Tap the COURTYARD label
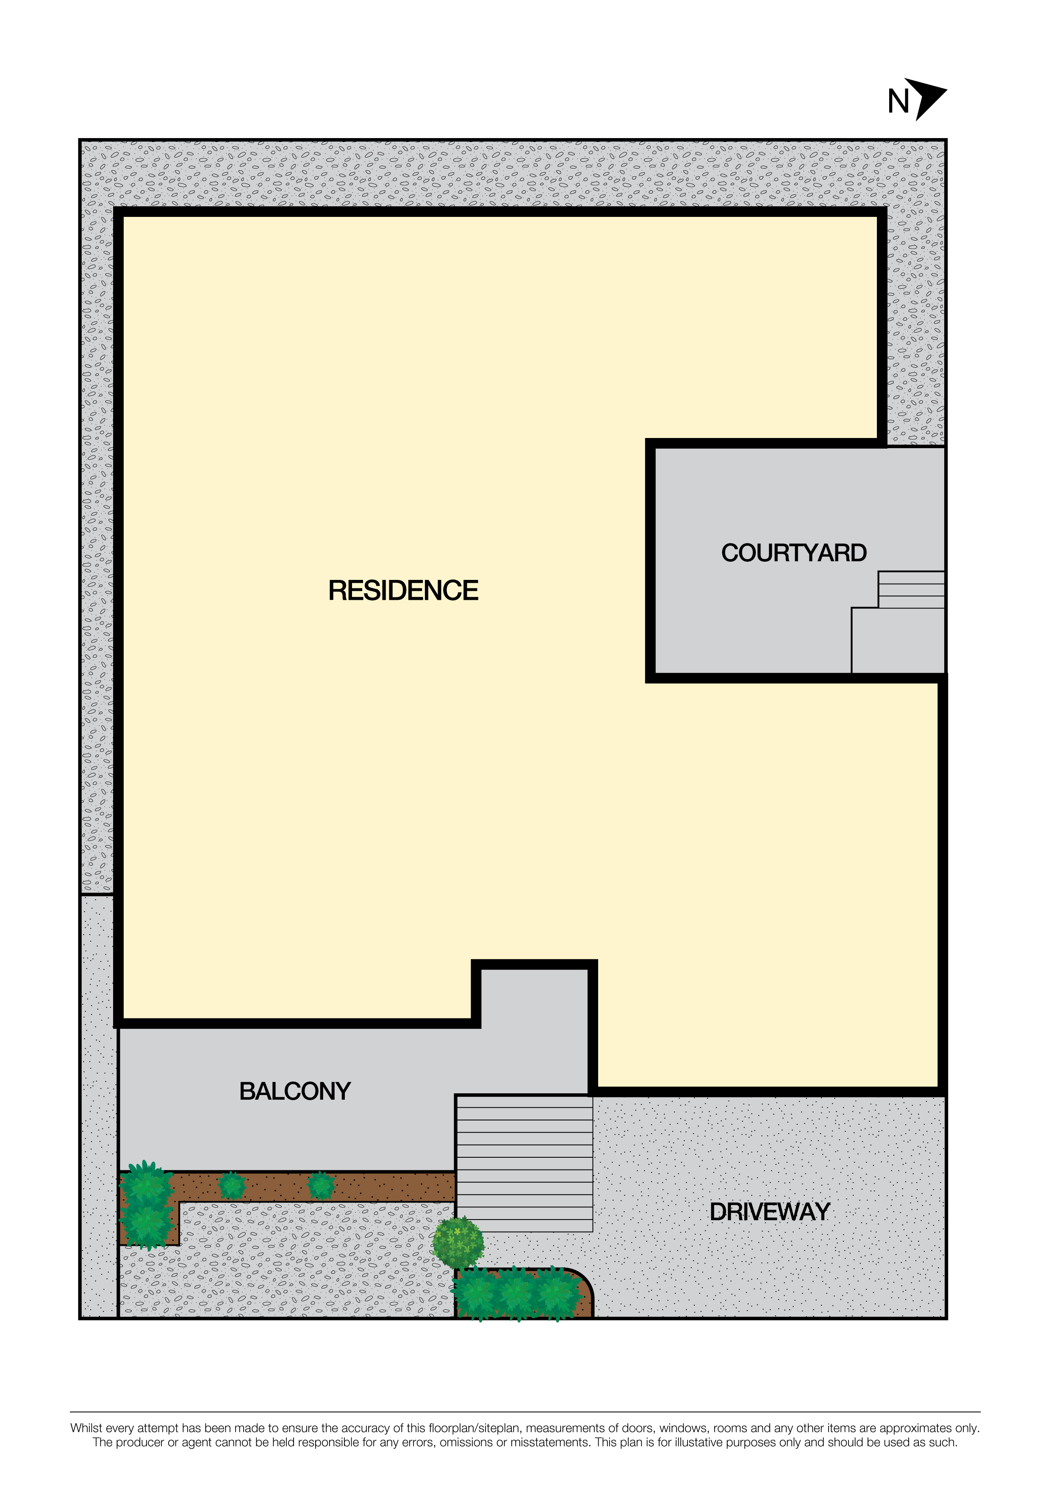[x=794, y=553]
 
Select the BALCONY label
[x=295, y=1091]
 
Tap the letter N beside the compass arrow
[x=898, y=102]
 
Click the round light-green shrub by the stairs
[x=458, y=1242]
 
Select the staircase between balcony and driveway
[x=524, y=1163]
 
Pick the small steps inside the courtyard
[x=911, y=590]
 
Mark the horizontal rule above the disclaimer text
[x=525, y=1411]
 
